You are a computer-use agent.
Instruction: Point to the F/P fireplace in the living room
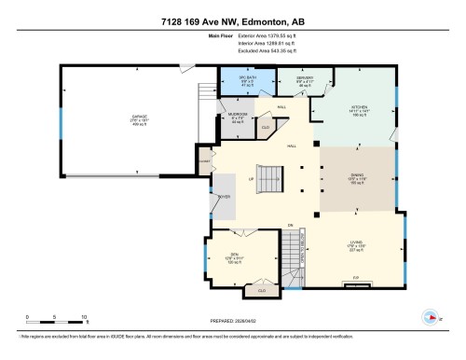coord(355,279)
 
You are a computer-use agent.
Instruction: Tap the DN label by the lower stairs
coord(291,226)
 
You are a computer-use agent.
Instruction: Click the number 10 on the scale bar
coord(84,318)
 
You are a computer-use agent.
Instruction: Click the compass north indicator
coord(431,315)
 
